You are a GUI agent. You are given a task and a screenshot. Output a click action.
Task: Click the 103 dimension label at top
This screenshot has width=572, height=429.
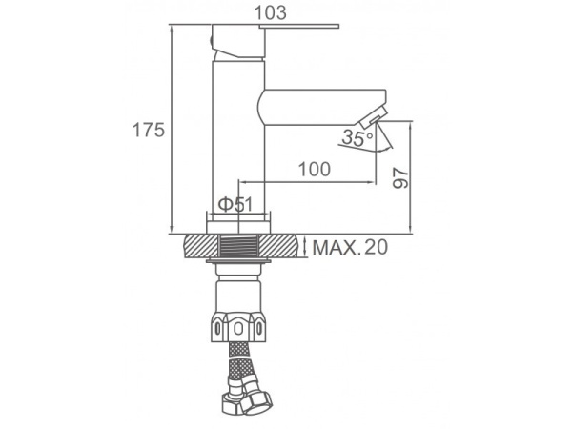[x=271, y=13]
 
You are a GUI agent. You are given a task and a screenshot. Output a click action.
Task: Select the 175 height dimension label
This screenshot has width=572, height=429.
[x=149, y=130]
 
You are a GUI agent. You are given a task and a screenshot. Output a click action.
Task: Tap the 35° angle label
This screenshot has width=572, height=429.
[x=357, y=138]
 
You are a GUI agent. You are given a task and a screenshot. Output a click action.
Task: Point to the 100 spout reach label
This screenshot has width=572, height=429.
[x=315, y=169]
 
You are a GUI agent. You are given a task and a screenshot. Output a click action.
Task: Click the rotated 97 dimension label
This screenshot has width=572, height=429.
[x=400, y=178]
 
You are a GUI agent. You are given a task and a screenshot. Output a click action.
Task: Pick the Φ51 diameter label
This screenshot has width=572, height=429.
[x=235, y=204]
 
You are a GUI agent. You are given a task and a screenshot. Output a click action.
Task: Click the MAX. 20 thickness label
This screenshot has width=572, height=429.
[x=350, y=247]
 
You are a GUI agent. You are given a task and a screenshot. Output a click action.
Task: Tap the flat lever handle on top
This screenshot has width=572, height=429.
[x=299, y=26]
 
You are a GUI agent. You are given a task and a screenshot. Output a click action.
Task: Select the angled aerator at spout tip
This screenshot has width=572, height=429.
[x=373, y=116]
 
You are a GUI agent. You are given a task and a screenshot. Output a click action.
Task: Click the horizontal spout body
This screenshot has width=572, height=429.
[x=322, y=107]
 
